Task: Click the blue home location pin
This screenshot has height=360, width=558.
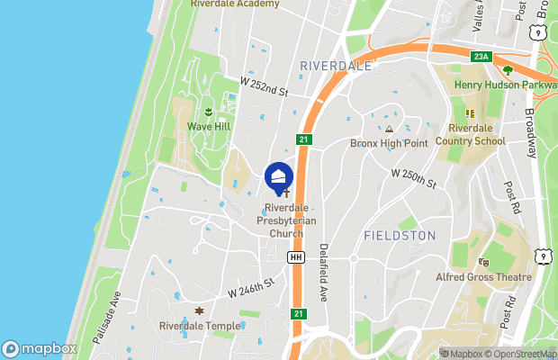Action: tap(279, 175)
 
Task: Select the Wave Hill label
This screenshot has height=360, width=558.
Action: tap(209, 127)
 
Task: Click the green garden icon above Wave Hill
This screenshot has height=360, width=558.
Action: tap(209, 112)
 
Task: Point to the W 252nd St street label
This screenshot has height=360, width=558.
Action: tap(264, 86)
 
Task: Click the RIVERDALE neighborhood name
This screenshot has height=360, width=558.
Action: tap(336, 66)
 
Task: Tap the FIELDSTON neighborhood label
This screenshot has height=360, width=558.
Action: tap(400, 236)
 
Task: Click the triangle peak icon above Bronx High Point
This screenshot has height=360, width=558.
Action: tap(389, 130)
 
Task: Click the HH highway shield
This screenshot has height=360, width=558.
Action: tap(295, 257)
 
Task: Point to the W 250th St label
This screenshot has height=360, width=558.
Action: tap(413, 178)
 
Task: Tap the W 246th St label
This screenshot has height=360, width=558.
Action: tap(251, 288)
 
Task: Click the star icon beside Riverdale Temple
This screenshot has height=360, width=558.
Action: tap(199, 310)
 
